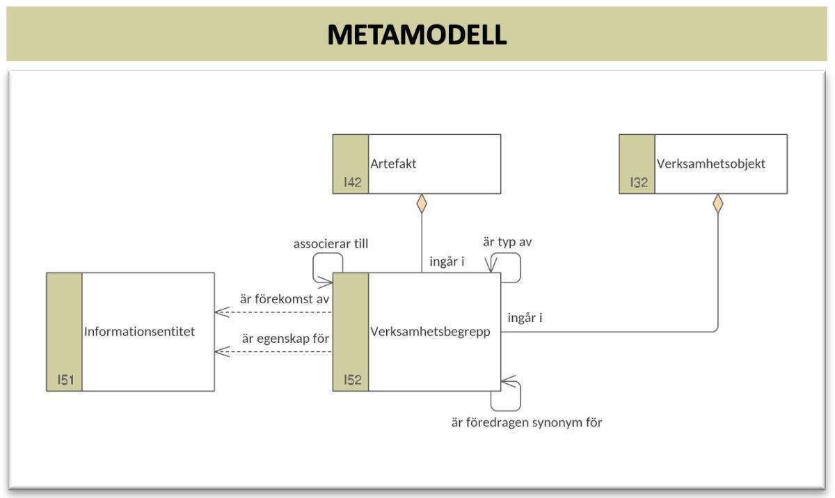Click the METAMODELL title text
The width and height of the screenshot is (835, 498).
(417, 34)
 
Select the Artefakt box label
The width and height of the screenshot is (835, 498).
(393, 164)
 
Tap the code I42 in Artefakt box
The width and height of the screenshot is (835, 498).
(352, 182)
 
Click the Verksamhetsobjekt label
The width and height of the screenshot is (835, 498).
(710, 164)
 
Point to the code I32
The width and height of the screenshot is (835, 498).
(639, 182)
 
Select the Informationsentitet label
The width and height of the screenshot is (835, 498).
(139, 332)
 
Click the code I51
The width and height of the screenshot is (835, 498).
(65, 380)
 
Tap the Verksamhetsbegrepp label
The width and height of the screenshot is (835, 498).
(430, 332)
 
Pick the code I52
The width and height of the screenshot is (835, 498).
(352, 380)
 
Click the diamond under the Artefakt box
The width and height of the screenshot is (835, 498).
(420, 204)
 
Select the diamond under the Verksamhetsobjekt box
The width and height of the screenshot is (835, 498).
(717, 204)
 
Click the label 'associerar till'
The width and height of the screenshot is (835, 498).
(331, 244)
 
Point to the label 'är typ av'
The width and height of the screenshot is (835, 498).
(507, 242)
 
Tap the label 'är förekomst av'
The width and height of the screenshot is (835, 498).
(284, 299)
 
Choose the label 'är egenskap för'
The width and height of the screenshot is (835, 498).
(285, 339)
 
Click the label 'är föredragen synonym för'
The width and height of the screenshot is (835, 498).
(526, 422)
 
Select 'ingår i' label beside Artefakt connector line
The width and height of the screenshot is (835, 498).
(447, 262)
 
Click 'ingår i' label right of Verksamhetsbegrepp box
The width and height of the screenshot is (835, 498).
(525, 318)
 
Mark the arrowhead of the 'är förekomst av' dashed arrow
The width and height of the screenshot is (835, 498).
(220, 312)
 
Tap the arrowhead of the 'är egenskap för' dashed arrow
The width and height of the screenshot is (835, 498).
(220, 352)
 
